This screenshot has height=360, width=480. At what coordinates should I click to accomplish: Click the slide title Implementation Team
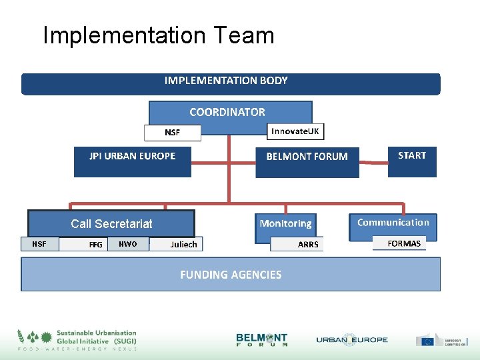[158, 35]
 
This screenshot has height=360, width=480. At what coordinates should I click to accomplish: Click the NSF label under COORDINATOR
[173, 133]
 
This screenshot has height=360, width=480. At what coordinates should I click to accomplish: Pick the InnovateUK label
[295, 131]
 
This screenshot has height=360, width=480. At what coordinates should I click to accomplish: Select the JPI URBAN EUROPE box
[133, 161]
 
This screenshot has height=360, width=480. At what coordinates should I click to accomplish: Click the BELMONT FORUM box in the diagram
[307, 162]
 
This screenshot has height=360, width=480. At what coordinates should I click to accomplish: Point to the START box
[411, 161]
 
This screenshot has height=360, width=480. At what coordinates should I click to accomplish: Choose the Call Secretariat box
[111, 223]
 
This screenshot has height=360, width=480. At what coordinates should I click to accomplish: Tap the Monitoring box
[285, 224]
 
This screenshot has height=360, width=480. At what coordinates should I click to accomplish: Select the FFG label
[95, 245]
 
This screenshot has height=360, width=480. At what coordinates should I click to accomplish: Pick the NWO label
[127, 244]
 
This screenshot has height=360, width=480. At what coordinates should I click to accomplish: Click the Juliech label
[183, 245]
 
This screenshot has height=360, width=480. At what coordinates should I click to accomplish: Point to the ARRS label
[308, 245]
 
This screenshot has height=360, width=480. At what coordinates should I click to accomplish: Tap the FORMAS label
[404, 243]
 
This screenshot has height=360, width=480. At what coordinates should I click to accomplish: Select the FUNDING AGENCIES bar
[231, 274]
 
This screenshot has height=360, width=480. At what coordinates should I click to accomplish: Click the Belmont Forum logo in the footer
[262, 340]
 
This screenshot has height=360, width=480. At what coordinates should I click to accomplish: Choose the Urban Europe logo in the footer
[351, 340]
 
